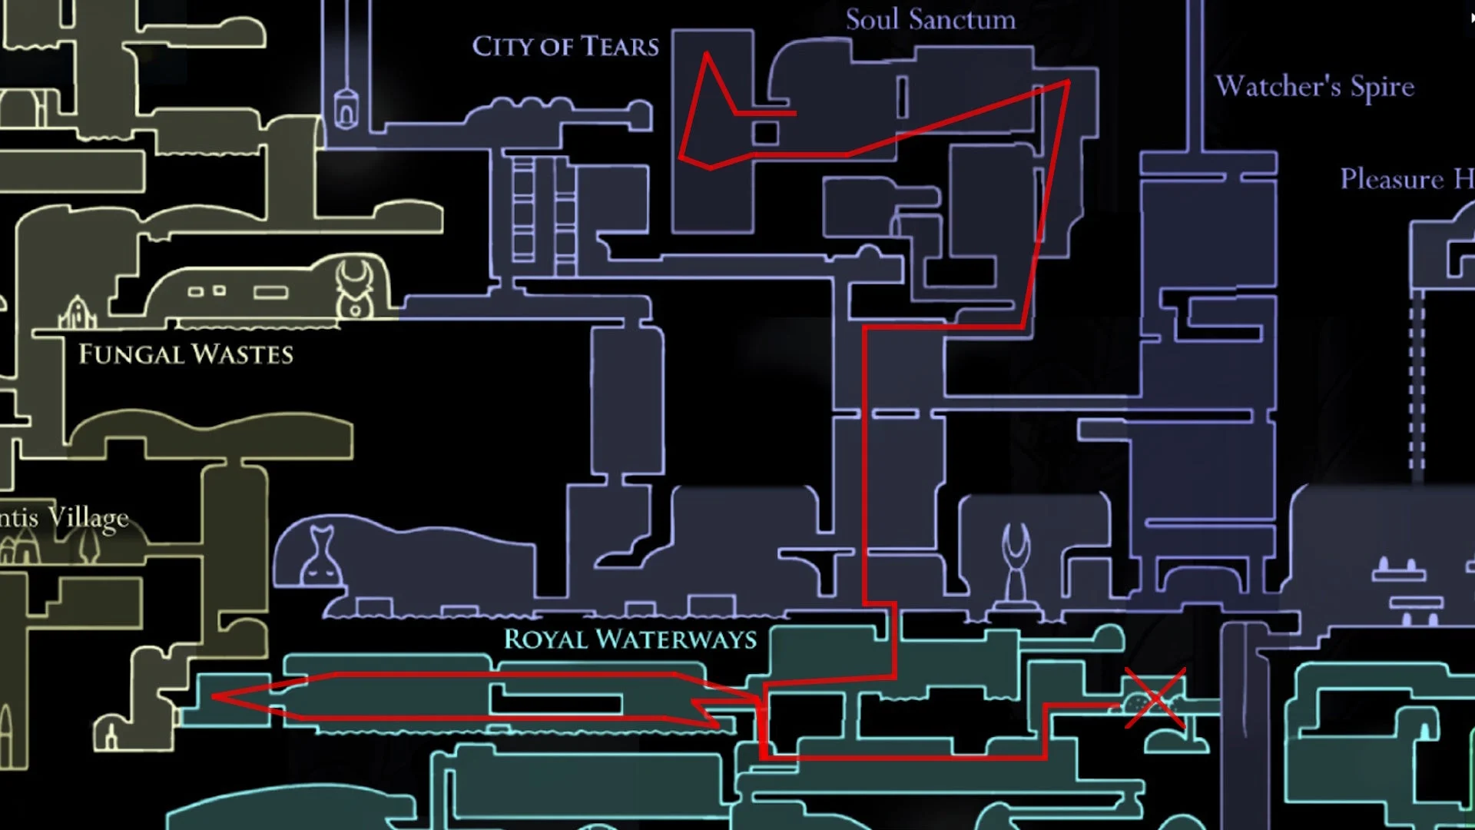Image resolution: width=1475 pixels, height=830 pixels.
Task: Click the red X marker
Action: [1155, 699]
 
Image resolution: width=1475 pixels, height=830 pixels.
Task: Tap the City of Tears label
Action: [565, 47]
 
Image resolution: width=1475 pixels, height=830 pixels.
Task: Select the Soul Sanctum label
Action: [930, 20]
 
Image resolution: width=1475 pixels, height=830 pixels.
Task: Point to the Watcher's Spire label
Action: [1314, 87]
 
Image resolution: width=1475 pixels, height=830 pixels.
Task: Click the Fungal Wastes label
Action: [186, 354]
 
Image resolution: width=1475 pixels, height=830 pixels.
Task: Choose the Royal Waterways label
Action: [630, 639]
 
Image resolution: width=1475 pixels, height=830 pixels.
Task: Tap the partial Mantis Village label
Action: [65, 518]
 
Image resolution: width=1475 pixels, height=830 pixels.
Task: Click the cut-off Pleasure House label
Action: [1406, 179]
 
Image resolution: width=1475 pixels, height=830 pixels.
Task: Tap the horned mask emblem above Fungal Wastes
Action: [355, 288]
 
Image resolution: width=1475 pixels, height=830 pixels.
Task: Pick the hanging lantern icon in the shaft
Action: [346, 108]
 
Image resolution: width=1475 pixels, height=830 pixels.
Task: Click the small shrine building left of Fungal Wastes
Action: [77, 313]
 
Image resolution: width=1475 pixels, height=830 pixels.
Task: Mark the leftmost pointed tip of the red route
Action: [214, 697]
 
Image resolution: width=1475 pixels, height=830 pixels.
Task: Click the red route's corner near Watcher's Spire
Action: [1068, 81]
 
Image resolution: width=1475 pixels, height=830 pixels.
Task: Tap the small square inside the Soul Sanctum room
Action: [765, 133]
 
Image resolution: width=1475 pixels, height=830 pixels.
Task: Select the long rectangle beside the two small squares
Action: [270, 292]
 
